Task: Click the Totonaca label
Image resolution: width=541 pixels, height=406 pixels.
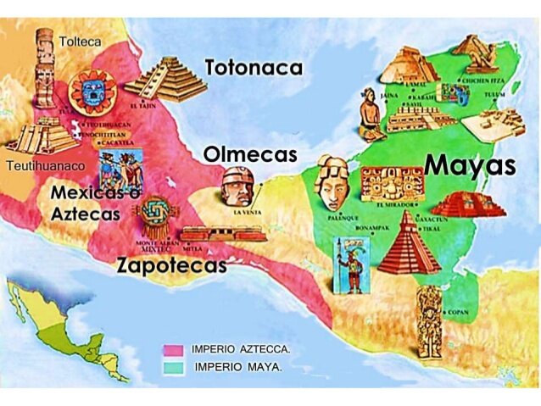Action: coord(254,68)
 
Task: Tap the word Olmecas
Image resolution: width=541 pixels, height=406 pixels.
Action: coord(250,154)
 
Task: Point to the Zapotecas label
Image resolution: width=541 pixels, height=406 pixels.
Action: coord(172,265)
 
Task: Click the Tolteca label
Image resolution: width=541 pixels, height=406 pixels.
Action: coord(81,41)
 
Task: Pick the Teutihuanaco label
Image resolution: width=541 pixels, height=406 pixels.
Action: coord(44,166)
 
